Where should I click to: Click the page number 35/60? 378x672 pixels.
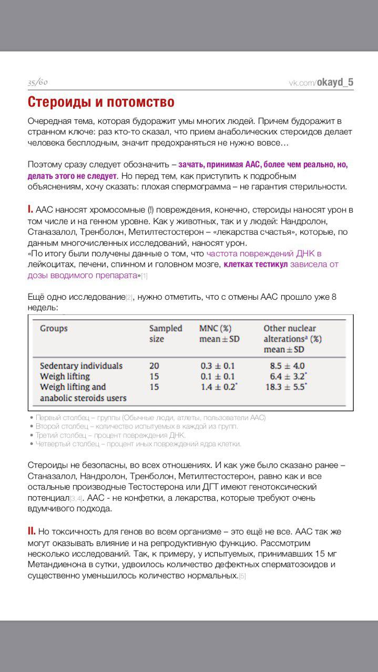tap(37, 82)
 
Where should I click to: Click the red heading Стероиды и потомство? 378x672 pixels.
tap(101, 101)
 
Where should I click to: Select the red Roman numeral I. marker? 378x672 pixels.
tap(30, 209)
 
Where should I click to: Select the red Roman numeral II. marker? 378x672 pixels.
tap(32, 531)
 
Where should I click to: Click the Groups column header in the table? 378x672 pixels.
tap(54, 329)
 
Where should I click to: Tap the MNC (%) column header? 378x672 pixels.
tap(216, 329)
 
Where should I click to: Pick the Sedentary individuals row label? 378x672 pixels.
tap(81, 365)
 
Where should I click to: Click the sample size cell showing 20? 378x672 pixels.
tap(154, 365)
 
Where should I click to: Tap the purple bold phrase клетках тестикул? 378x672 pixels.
tap(256, 264)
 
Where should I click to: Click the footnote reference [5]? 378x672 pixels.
tap(242, 576)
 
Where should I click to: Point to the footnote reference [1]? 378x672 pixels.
tap(144, 276)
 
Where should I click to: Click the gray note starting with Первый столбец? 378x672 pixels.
tap(150, 418)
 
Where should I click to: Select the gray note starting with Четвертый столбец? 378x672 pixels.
tap(138, 444)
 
